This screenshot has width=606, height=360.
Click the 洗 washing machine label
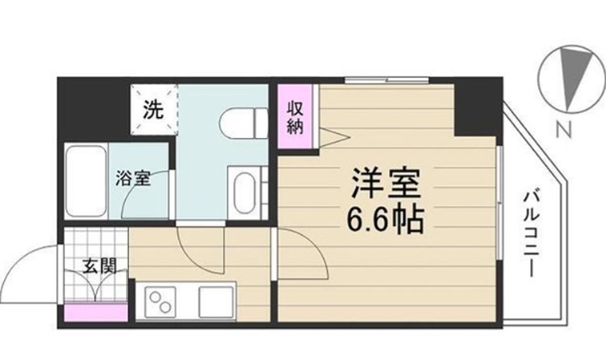click(153, 110)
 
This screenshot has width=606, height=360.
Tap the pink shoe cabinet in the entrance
click(96, 311)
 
